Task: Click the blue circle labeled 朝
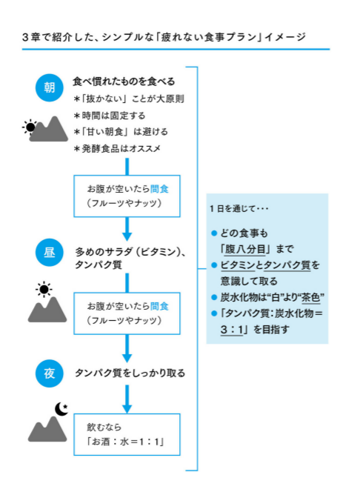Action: click(x=49, y=87)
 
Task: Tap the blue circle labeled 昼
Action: click(x=49, y=253)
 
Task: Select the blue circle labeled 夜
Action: click(x=49, y=373)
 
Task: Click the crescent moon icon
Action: click(x=61, y=409)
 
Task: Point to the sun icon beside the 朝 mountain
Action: click(x=30, y=127)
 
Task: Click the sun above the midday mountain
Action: click(x=44, y=289)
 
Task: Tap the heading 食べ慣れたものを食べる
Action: click(x=124, y=82)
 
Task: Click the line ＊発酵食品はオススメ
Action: click(x=117, y=148)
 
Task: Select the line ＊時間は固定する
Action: click(x=109, y=116)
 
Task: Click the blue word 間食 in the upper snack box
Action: click(x=159, y=189)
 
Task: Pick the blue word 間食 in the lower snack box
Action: click(x=159, y=306)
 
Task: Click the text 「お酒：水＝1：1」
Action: click(x=126, y=441)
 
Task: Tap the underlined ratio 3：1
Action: click(x=232, y=330)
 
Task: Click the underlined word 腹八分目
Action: click(x=245, y=249)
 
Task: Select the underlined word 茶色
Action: click(x=311, y=297)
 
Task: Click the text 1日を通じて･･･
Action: click(x=239, y=209)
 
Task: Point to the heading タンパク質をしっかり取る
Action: click(x=130, y=373)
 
